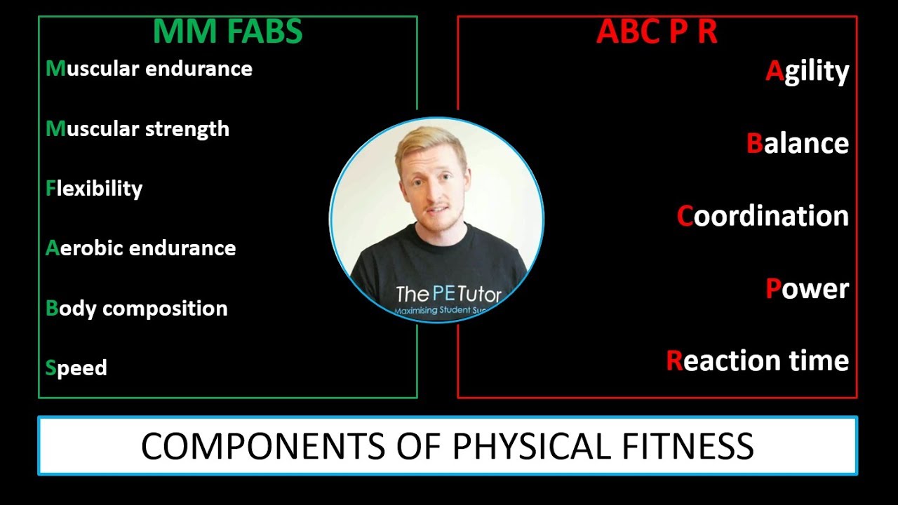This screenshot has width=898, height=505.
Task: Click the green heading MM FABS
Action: point(227,32)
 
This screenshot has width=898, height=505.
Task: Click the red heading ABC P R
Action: point(657,32)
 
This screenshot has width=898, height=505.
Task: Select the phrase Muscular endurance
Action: point(149,69)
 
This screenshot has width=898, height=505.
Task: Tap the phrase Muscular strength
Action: point(138,129)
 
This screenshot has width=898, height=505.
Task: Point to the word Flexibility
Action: point(94,189)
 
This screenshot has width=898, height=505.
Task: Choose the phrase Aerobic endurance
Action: point(140,248)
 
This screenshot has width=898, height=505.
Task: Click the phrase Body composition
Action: point(136,309)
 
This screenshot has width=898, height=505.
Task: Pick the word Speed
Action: point(76,368)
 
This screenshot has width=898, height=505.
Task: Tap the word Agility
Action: point(807,72)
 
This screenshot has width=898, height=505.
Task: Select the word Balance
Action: point(798,143)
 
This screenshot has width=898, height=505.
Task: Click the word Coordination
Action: point(763,216)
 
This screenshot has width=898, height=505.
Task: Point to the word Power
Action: point(807,288)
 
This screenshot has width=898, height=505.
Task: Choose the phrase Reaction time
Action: point(757,361)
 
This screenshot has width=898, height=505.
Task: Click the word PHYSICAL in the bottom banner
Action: point(535,446)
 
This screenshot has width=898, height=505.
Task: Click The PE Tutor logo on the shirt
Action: point(448,295)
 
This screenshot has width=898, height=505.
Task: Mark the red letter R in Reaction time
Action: point(674,361)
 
